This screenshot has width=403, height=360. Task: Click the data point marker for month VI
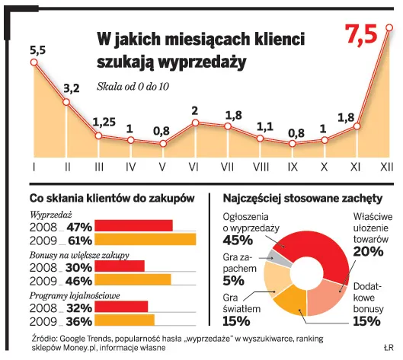tap(195, 123)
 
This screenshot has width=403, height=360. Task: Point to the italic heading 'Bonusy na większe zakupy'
tap(79, 253)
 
